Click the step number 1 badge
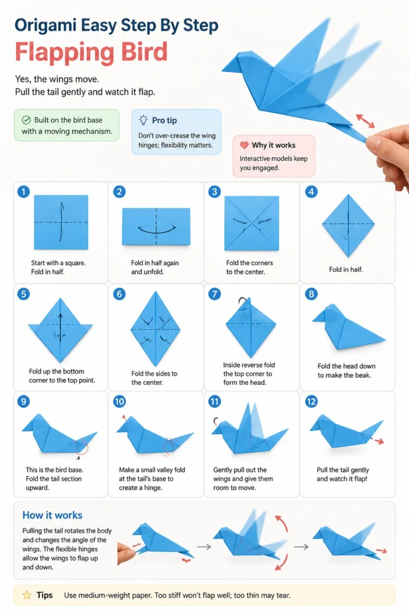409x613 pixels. pyautogui.click(x=23, y=192)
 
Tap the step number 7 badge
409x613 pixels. pyautogui.click(x=214, y=294)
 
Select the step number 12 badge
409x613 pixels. pyautogui.click(x=311, y=402)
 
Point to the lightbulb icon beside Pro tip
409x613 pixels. pyautogui.click(x=144, y=120)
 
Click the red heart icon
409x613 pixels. pyautogui.click(x=244, y=145)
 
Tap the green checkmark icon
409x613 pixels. pyautogui.click(x=26, y=120)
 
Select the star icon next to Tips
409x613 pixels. pyautogui.click(x=27, y=595)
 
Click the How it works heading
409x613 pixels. pyautogui.click(x=52, y=515)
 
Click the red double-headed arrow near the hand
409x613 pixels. pyautogui.click(x=365, y=121)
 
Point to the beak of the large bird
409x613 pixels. pyautogui.click(x=229, y=67)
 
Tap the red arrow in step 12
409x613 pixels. pyautogui.click(x=378, y=441)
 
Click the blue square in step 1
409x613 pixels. pyautogui.click(x=61, y=222)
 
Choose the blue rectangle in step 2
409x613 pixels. pyautogui.click(x=156, y=227)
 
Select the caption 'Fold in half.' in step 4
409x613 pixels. pyautogui.click(x=346, y=269)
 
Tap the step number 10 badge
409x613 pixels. pyautogui.click(x=119, y=402)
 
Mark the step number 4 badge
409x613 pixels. pyautogui.click(x=311, y=192)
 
